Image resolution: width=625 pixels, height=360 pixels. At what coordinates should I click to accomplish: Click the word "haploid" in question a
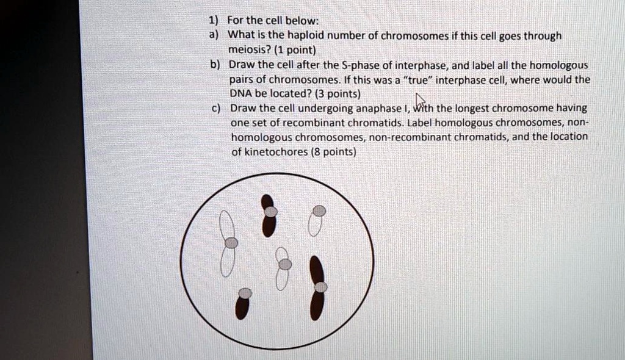pyautogui.click(x=293, y=37)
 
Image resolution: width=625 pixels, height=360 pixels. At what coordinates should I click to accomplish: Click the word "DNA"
pyautogui.click(x=240, y=94)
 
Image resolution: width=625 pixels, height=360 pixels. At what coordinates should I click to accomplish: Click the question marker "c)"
pyautogui.click(x=216, y=108)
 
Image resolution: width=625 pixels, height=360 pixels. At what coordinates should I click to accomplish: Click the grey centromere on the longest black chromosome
pyautogui.click(x=321, y=287)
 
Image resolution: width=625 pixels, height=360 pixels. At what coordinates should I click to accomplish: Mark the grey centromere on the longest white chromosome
pyautogui.click(x=231, y=243)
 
